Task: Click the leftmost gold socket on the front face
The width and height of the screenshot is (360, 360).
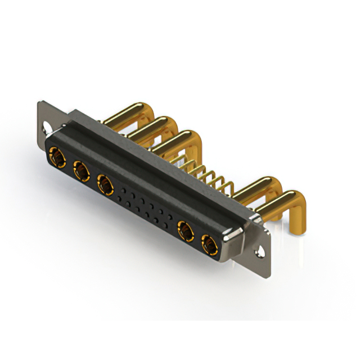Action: pos(57,156)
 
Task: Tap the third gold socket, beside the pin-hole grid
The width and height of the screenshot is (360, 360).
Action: pos(105,183)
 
